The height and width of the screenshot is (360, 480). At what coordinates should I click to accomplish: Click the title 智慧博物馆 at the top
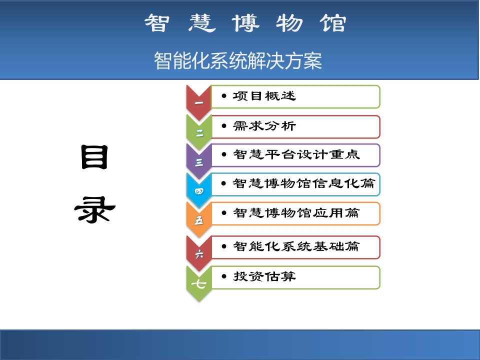click(245, 23)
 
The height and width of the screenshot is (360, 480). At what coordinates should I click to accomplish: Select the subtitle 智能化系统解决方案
click(238, 60)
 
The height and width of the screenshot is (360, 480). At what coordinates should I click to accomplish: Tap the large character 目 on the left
click(94, 157)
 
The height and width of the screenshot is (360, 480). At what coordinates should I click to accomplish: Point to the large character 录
click(94, 209)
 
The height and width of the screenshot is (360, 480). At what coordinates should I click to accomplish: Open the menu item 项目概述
click(264, 96)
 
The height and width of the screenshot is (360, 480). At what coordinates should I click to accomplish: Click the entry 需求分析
click(264, 126)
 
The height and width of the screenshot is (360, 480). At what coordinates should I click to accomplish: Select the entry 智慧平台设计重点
click(296, 154)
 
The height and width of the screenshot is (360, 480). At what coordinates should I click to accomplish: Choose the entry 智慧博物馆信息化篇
click(304, 183)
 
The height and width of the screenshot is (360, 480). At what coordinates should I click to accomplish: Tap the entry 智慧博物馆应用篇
click(296, 213)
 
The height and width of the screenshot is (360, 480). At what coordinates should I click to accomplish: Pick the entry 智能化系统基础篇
click(296, 246)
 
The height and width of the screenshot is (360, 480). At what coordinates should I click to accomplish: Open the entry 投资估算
click(264, 276)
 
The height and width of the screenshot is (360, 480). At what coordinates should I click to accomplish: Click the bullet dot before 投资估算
click(224, 276)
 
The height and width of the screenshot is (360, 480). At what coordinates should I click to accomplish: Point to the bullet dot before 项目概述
click(224, 96)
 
